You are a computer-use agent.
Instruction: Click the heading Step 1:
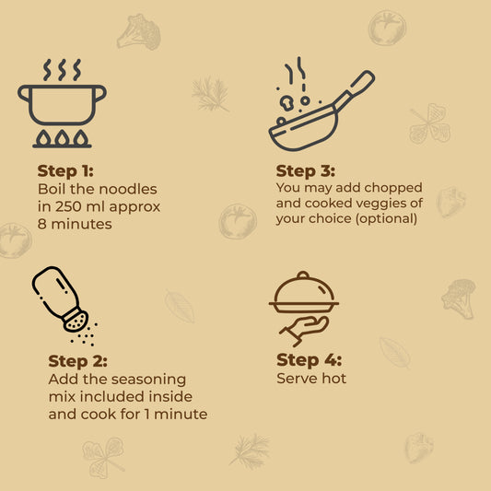(x=65, y=171)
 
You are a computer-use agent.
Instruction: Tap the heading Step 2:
(x=78, y=361)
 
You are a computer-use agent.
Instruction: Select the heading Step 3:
(x=306, y=171)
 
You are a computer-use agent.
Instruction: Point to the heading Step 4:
(x=310, y=360)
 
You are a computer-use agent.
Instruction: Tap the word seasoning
(x=148, y=380)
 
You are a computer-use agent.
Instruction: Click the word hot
(x=334, y=379)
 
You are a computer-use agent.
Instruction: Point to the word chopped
(x=393, y=188)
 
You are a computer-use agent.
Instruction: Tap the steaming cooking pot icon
(x=62, y=103)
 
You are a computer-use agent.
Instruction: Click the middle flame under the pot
(x=62, y=138)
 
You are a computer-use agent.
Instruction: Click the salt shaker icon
(x=60, y=299)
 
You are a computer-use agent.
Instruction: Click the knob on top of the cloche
(x=303, y=275)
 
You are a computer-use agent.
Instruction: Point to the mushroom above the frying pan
(x=286, y=102)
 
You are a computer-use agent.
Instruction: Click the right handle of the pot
(x=100, y=93)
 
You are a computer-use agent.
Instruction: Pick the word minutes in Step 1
(x=81, y=224)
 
